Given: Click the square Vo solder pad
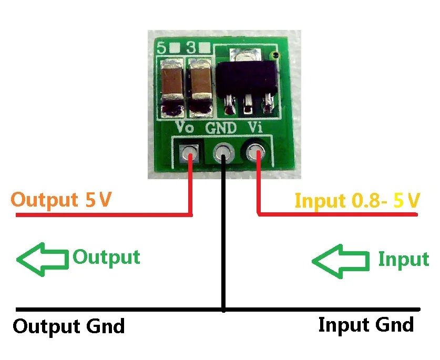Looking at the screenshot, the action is pos(189,153).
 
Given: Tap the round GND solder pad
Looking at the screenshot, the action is pos(223,152).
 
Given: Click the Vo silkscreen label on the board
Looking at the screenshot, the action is pos(184,127).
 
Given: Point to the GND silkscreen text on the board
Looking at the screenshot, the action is pos(221,128).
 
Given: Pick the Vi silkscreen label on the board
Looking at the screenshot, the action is pos(255,127).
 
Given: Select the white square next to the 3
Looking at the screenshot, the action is pos(205,48).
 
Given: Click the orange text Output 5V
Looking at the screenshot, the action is pos(61,200).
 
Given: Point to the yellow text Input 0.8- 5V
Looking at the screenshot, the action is pos(357,200).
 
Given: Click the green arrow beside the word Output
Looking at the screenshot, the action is pos(43,259).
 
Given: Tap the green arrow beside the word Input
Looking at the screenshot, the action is pos(341,261).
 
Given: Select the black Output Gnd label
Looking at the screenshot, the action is pos(69,326).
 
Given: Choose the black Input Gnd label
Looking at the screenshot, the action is pos(366,325).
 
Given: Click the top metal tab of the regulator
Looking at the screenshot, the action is pos(246,55).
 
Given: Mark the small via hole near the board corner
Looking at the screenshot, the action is pos(275,55).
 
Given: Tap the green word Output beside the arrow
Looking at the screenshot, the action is pos(106,257).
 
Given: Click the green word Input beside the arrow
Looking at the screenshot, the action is pos(404,259).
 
